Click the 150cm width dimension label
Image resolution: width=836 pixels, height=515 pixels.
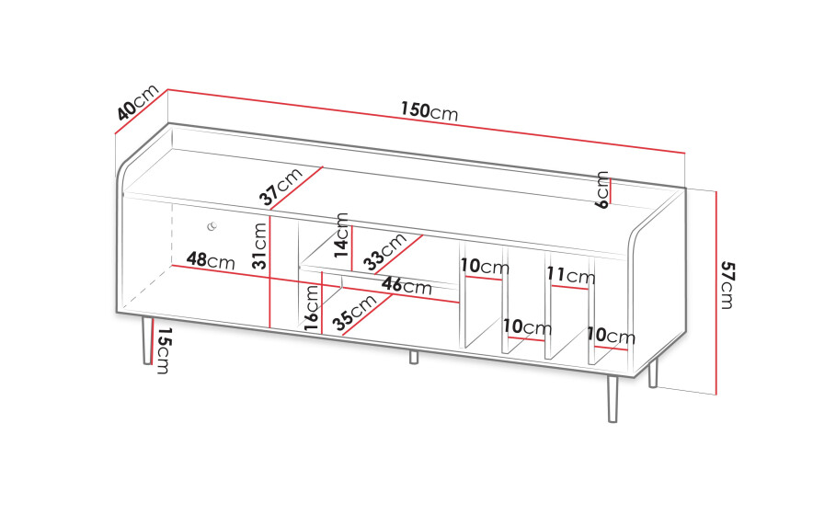[429, 111]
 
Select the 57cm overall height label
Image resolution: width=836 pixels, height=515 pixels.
[727, 285]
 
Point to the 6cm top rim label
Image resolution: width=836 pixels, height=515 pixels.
[602, 189]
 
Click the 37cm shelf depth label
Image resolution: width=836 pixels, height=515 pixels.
[281, 187]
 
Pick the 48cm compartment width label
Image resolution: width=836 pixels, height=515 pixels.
[211, 260]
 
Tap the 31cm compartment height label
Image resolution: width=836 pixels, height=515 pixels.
[259, 246]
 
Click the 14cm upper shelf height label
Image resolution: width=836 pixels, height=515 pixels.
[341, 235]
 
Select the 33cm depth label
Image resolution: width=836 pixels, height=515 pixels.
[385, 252]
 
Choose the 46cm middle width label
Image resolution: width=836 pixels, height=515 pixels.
[407, 286]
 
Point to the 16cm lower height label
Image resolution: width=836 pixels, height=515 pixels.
[312, 307]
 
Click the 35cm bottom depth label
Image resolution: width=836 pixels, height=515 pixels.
[354, 313]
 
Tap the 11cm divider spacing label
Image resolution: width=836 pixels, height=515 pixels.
[570, 275]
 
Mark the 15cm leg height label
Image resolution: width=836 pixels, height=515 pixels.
[164, 350]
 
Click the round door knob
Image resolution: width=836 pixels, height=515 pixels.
[212, 226]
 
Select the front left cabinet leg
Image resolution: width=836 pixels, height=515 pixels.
[146, 340]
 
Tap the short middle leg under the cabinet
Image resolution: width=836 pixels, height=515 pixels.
[414, 357]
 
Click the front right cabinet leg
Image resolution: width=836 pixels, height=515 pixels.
[613, 399]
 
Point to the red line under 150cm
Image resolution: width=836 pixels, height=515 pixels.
[427, 121]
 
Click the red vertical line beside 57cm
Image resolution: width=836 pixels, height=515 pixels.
[716, 292]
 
